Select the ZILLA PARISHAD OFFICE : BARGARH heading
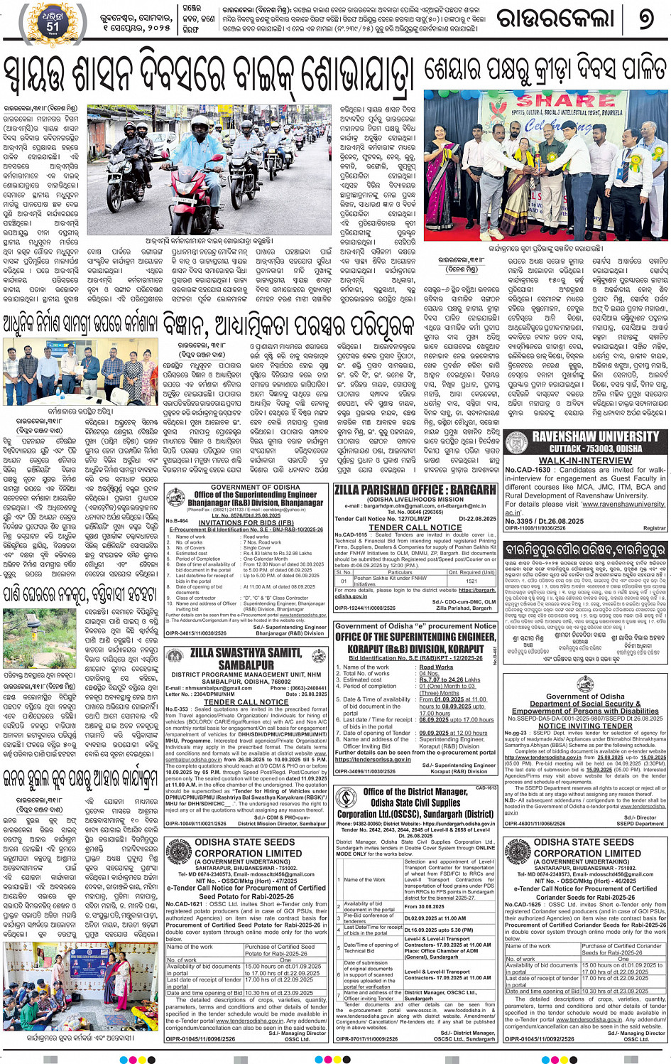point(415,490)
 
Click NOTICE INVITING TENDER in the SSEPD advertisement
point(586,726)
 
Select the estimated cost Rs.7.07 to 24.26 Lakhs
point(449,680)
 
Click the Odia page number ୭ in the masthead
point(646,19)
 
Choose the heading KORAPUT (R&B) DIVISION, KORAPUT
point(415,649)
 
